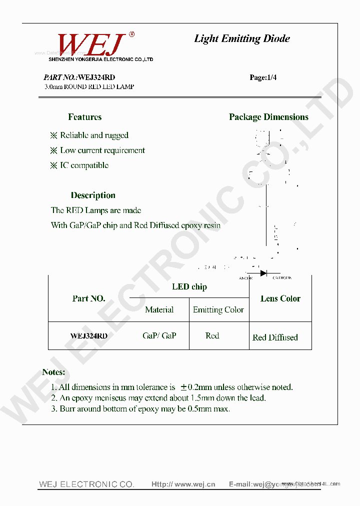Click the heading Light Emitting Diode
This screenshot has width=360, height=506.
tap(242, 38)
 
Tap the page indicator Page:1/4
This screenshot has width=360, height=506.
tap(263, 77)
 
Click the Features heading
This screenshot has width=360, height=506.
tap(84, 117)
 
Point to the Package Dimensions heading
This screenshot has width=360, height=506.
tap(268, 117)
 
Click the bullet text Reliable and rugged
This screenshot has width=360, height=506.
tap(94, 135)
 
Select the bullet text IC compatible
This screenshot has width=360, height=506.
tap(84, 165)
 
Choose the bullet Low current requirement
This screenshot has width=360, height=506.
tap(102, 150)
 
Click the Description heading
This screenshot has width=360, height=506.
tap(93, 195)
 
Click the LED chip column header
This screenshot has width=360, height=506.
tap(189, 286)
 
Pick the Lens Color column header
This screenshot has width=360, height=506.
tap(280, 298)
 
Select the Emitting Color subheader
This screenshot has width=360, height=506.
tap(218, 310)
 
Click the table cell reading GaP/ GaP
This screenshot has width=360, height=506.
tap(159, 336)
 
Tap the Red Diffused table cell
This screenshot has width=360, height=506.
tap(275, 337)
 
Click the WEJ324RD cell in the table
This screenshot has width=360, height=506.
tap(89, 336)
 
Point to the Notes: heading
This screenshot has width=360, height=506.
tap(53, 372)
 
